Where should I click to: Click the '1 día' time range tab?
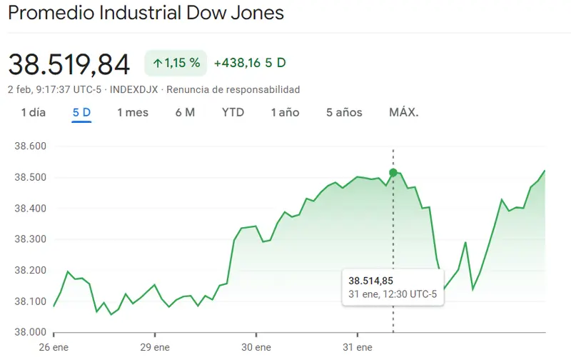click(34, 112)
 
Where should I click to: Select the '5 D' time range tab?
click(81, 112)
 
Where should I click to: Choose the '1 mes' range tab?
click(133, 112)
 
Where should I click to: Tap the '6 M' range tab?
click(185, 112)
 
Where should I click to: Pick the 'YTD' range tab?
click(233, 112)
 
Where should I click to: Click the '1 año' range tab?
click(285, 112)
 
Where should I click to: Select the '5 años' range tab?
click(344, 112)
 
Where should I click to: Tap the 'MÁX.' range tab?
click(404, 112)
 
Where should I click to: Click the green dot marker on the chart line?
click(393, 173)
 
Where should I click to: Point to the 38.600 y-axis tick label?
click(30, 146)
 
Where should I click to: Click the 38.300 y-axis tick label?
click(30, 239)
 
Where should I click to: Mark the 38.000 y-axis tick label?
click(30, 332)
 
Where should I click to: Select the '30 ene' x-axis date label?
click(256, 347)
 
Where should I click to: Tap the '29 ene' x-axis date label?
click(155, 347)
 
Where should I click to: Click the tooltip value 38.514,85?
click(372, 281)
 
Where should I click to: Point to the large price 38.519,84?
click(69, 64)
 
